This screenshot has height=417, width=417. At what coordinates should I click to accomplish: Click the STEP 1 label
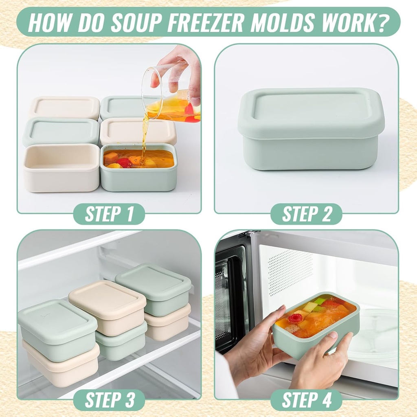click(109, 214)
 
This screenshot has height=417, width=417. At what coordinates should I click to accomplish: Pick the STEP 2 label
click(307, 214)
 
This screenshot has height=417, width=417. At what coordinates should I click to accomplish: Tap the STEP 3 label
click(109, 399)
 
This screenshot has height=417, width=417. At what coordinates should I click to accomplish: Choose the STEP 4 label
click(307, 399)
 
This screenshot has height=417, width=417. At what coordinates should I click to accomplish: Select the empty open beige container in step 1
click(61, 167)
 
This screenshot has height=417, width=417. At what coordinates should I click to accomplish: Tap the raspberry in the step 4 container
click(295, 318)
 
